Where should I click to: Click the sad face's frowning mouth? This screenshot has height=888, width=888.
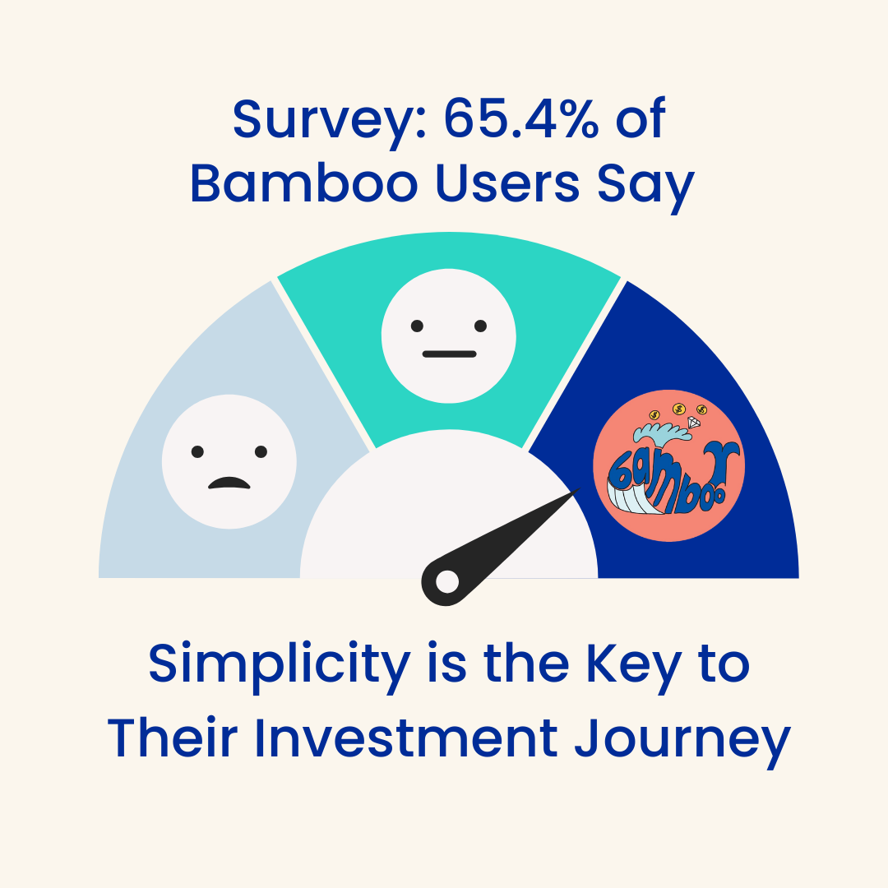tap(229, 483)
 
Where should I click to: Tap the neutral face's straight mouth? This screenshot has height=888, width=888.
tap(449, 354)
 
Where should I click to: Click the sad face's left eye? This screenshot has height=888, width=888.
tap(197, 451)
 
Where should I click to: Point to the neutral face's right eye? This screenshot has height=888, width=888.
tap(480, 325)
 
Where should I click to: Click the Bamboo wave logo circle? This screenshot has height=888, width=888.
tap(668, 465)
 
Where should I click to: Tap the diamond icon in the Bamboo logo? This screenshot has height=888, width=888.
tap(693, 423)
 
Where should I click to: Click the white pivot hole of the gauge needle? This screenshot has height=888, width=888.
tap(446, 581)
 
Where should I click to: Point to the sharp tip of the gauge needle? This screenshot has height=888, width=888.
tap(576, 492)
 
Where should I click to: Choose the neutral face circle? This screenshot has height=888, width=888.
tap(449, 335)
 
